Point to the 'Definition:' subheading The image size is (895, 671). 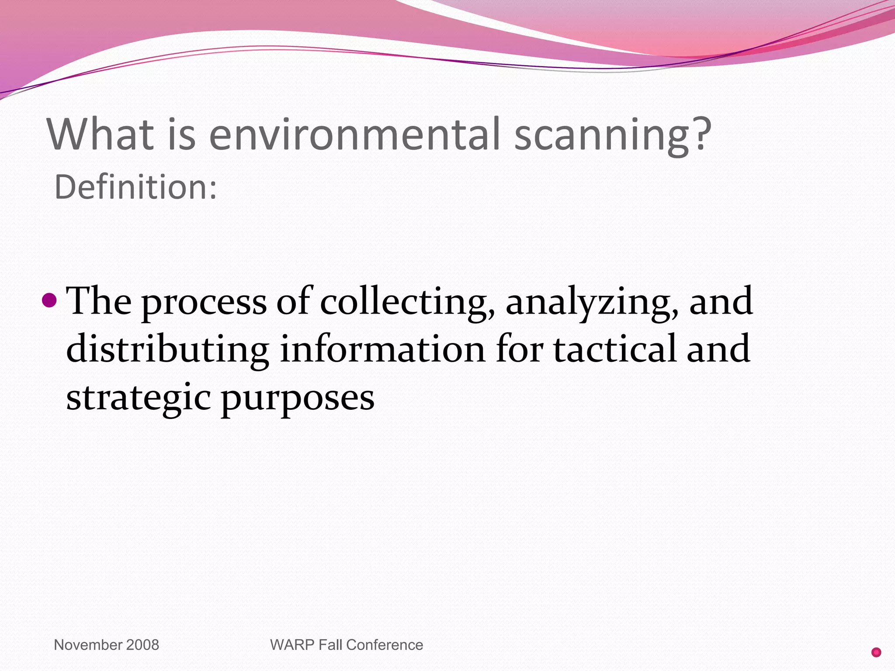135,187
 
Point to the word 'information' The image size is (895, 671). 382,349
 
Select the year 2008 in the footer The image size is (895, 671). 142,645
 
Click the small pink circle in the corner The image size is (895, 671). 876,652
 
